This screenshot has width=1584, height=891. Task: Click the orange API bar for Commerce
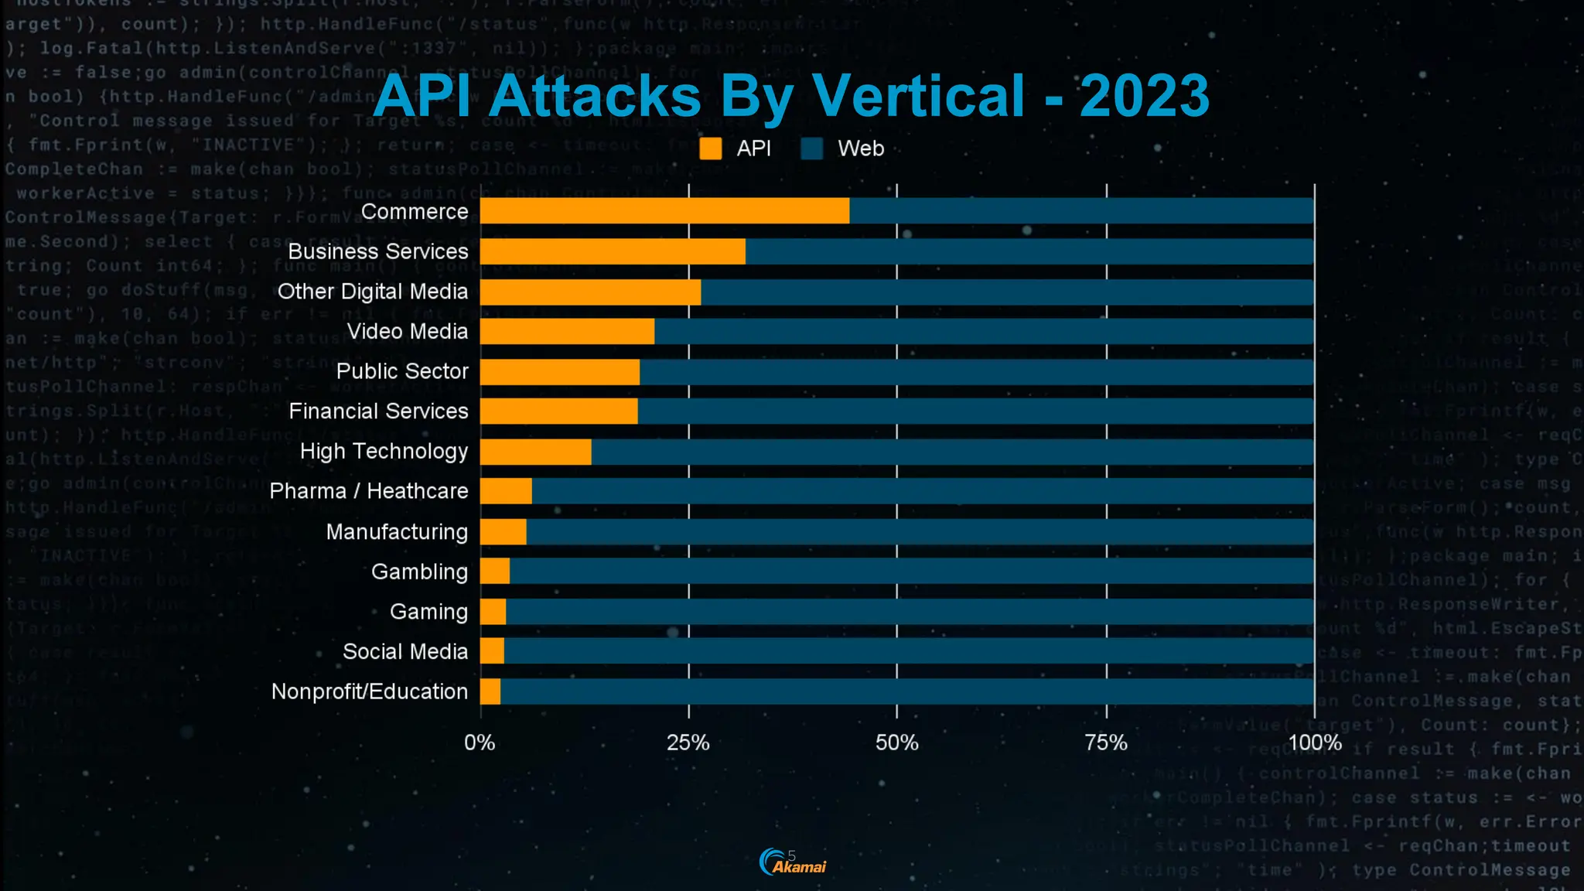click(x=664, y=211)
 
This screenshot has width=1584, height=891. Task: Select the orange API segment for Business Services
click(x=613, y=251)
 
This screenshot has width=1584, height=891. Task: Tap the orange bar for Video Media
click(x=567, y=332)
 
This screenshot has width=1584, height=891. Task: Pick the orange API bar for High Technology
click(x=535, y=452)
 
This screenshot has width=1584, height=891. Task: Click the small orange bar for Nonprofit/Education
click(x=490, y=691)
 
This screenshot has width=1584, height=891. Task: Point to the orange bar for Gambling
click(x=495, y=572)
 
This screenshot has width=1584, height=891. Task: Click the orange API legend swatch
click(x=710, y=148)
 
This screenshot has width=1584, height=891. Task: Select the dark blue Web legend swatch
click(x=812, y=148)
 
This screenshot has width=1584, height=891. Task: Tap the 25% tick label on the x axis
click(x=688, y=743)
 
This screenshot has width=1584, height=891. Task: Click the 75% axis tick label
click(x=1106, y=743)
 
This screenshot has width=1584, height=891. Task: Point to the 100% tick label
click(x=1314, y=743)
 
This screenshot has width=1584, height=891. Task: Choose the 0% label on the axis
click(x=480, y=743)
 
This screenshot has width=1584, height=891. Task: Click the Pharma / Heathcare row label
click(x=369, y=491)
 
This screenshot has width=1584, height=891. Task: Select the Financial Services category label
click(x=378, y=411)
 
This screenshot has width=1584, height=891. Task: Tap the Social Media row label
click(x=405, y=652)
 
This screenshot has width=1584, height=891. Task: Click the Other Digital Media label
click(x=373, y=292)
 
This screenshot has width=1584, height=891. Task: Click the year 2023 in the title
click(x=1144, y=96)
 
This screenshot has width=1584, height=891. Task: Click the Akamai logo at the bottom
click(x=793, y=862)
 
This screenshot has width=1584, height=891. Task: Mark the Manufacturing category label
click(x=397, y=532)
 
